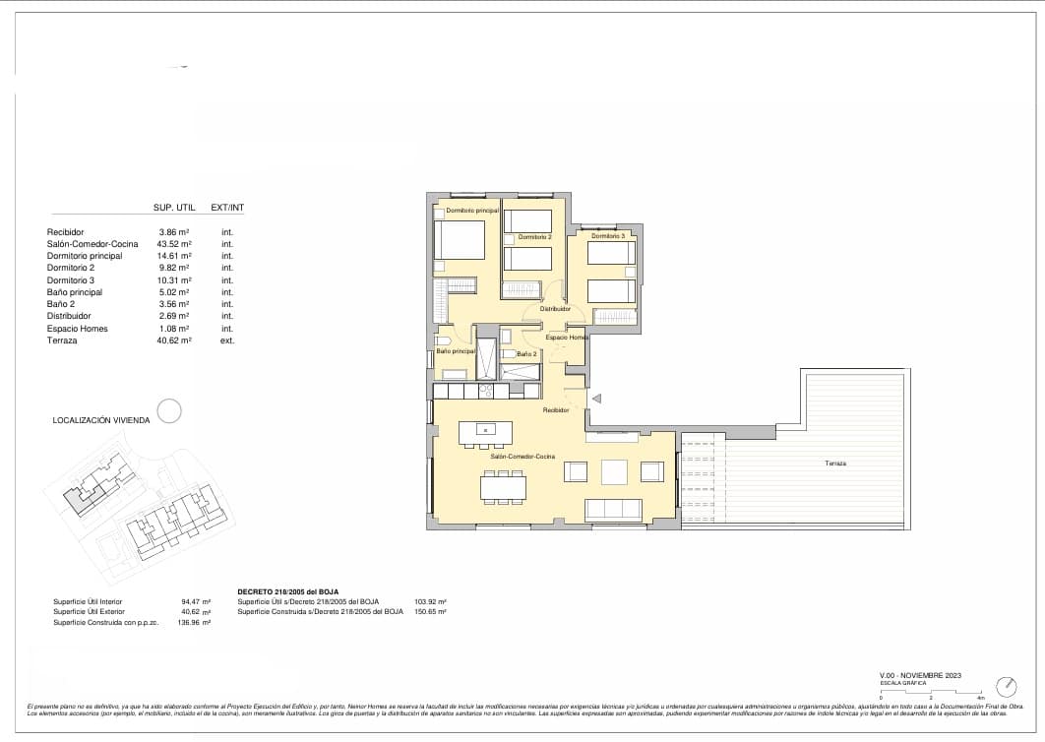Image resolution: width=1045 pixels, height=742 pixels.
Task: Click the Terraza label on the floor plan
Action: coord(836,463)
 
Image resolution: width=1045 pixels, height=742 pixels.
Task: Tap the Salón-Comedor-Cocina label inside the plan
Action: coord(522,457)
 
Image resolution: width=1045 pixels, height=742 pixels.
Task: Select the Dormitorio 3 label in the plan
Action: coord(608,236)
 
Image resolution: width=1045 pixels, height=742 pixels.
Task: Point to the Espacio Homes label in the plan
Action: coord(567,338)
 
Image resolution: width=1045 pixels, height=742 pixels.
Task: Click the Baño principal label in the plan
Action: coord(456,351)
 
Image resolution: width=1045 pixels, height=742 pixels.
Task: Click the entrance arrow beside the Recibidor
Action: coord(596,398)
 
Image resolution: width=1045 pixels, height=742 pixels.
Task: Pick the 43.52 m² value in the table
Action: coord(174,243)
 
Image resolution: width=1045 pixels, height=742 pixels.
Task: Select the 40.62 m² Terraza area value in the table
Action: coord(174,340)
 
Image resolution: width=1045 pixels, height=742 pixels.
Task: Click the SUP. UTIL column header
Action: coord(174,208)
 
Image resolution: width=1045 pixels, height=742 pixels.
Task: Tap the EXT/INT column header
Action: coord(227,208)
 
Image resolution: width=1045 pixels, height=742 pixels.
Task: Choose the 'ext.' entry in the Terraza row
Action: coord(227,340)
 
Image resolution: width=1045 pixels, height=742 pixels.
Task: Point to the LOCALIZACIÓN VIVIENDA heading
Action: coord(101,420)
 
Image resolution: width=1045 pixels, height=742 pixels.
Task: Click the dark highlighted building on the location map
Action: coord(80,497)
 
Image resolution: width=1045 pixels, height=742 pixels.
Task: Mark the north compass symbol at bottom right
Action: coord(1006,685)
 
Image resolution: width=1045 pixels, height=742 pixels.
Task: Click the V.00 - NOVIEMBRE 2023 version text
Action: coord(919,675)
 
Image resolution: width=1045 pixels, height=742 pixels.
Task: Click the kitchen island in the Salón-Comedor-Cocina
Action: coord(485,430)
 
